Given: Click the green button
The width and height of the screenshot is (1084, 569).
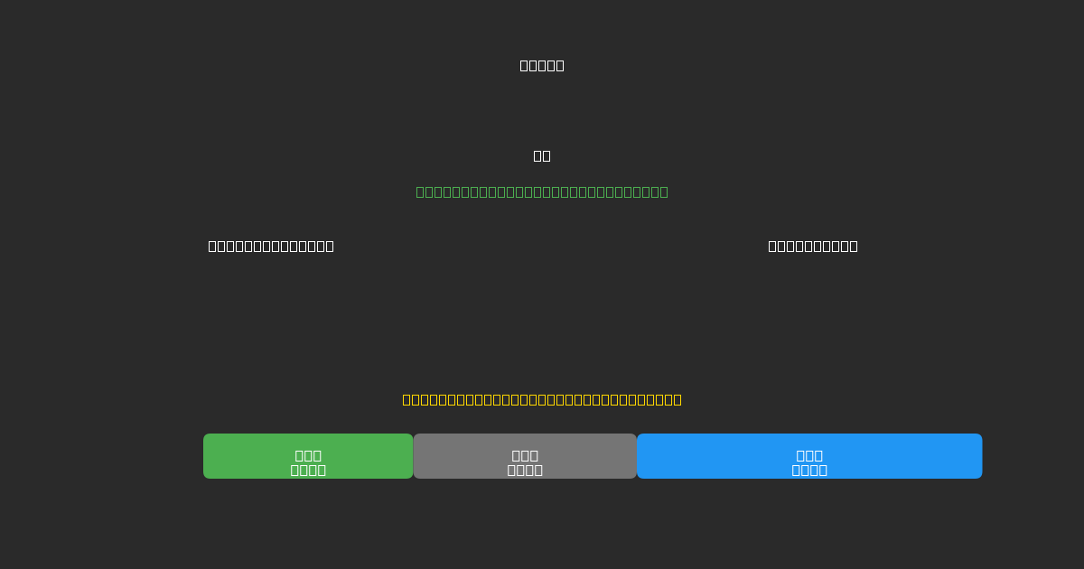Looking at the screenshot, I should click(x=308, y=456).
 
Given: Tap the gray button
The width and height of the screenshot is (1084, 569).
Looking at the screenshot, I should click(x=525, y=456).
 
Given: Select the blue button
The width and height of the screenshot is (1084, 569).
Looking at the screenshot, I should click(x=809, y=456).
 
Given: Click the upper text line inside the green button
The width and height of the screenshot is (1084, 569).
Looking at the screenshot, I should click(x=308, y=455).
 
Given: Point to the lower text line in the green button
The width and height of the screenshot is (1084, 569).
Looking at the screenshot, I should click(x=308, y=470).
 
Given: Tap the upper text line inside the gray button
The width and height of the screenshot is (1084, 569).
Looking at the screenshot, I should click(x=525, y=455).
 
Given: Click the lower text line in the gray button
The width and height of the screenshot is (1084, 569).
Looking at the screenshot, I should click(x=525, y=470).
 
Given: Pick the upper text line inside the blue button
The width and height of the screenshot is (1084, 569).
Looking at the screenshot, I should click(x=809, y=455).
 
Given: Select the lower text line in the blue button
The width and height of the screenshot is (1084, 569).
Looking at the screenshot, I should click(x=809, y=470).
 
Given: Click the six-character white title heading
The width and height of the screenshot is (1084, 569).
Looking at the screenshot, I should click(x=542, y=65).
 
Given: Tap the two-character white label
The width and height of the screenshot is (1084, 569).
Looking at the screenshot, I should click(x=542, y=155).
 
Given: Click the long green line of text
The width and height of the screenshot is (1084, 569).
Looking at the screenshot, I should click(x=542, y=191).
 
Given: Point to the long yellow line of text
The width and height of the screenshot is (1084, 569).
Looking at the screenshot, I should click(x=542, y=399).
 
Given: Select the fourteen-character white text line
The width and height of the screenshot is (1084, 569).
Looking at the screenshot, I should click(x=271, y=246).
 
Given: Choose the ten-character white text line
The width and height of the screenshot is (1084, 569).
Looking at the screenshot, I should click(x=813, y=246).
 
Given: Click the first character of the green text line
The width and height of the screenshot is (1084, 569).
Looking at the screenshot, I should click(x=420, y=191).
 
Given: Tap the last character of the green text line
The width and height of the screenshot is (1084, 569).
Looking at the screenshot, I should click(x=664, y=191).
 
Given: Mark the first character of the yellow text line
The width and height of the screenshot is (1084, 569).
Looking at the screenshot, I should click(x=406, y=399).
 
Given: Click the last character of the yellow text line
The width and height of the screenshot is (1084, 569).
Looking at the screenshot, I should click(x=677, y=399).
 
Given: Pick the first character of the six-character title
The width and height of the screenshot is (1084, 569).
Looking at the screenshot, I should click(x=524, y=65).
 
